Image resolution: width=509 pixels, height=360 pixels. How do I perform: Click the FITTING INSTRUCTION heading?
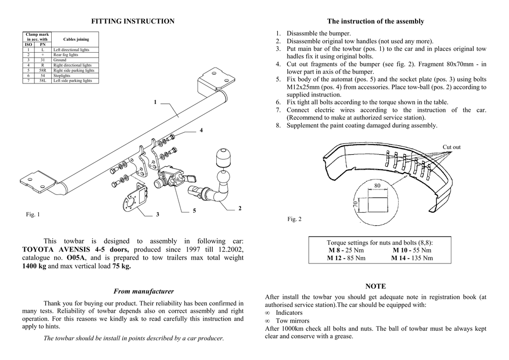tap(133, 21)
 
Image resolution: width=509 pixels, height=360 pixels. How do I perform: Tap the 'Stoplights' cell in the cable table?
tap(62, 76)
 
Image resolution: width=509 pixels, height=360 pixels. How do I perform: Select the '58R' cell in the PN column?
tap(43, 71)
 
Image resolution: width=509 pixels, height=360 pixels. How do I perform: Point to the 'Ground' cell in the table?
tap(60, 60)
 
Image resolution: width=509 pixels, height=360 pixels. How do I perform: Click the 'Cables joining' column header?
tap(76, 39)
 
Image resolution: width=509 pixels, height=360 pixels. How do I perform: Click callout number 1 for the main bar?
tap(155, 102)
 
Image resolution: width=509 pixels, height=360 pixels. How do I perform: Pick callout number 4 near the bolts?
tap(201, 130)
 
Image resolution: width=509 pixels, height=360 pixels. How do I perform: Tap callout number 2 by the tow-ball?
tap(240, 208)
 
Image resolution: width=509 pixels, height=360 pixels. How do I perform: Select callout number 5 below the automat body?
tap(195, 211)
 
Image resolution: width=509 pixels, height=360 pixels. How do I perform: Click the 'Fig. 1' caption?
tap(33, 214)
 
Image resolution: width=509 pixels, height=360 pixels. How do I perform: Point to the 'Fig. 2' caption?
tap(295, 219)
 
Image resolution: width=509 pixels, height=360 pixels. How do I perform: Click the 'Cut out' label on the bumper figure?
tap(451, 147)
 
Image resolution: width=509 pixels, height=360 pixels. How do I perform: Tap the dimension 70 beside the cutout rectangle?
tap(356, 204)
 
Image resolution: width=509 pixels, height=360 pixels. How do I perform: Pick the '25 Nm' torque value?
tap(355, 250)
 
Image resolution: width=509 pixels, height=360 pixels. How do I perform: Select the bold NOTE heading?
tap(375, 286)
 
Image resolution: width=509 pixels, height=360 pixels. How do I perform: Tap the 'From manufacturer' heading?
tap(144, 291)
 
